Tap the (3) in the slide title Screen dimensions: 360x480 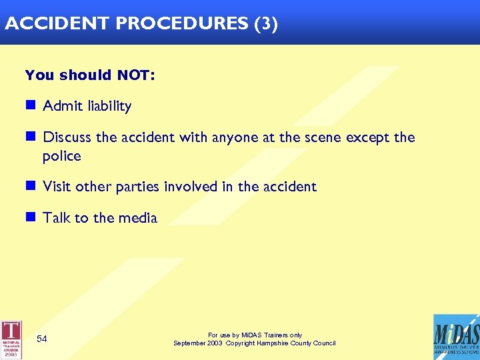265,23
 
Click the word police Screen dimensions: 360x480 61,157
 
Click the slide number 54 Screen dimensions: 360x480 42,339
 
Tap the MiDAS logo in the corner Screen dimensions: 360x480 455,337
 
